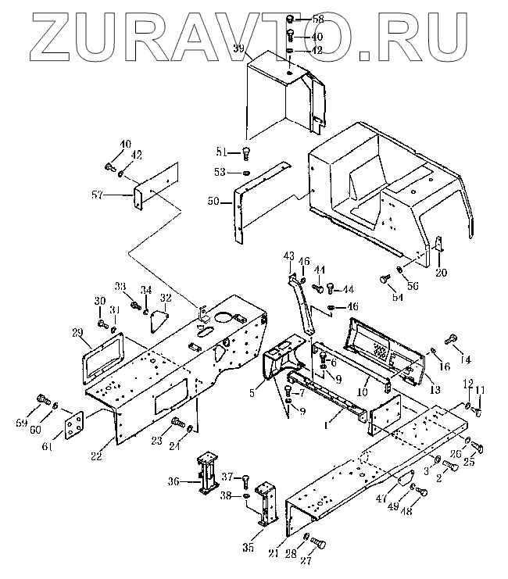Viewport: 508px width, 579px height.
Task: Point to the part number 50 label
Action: click(x=213, y=202)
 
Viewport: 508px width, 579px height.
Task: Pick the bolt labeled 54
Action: click(x=384, y=279)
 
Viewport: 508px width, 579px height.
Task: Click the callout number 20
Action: click(x=441, y=273)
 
